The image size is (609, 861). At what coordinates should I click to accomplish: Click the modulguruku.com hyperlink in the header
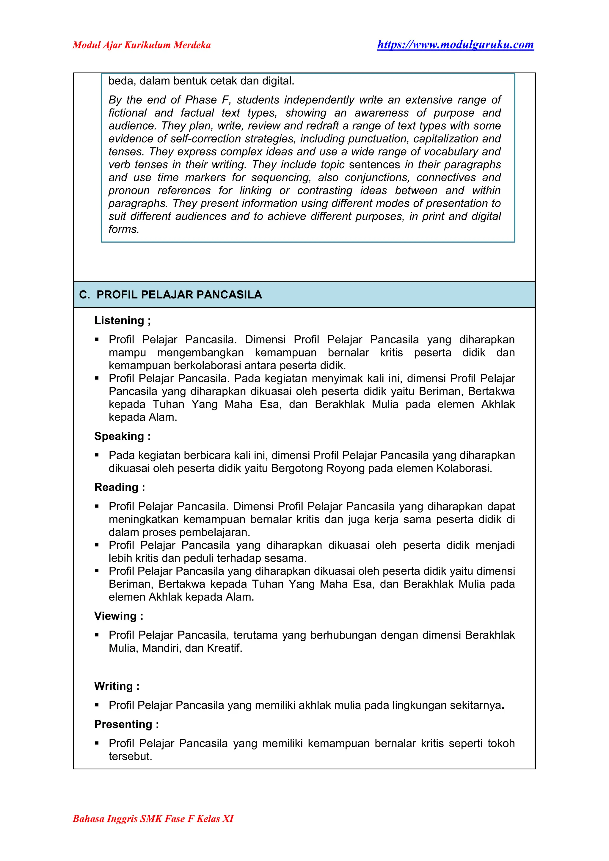tap(455, 45)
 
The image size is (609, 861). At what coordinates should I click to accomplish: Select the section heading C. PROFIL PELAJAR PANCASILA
tap(170, 294)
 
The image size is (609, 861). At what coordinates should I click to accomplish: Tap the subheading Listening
tap(122, 320)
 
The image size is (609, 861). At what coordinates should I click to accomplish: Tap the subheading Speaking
tap(122, 436)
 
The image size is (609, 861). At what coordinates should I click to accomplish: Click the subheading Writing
tap(117, 686)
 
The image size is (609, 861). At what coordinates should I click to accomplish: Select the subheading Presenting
tap(126, 724)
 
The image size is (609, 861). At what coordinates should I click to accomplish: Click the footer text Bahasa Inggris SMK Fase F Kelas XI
tap(153, 818)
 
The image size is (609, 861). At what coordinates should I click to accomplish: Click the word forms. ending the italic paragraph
tap(124, 229)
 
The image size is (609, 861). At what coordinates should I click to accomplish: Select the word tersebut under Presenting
tap(130, 756)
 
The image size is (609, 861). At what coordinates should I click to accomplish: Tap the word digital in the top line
tap(277, 81)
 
